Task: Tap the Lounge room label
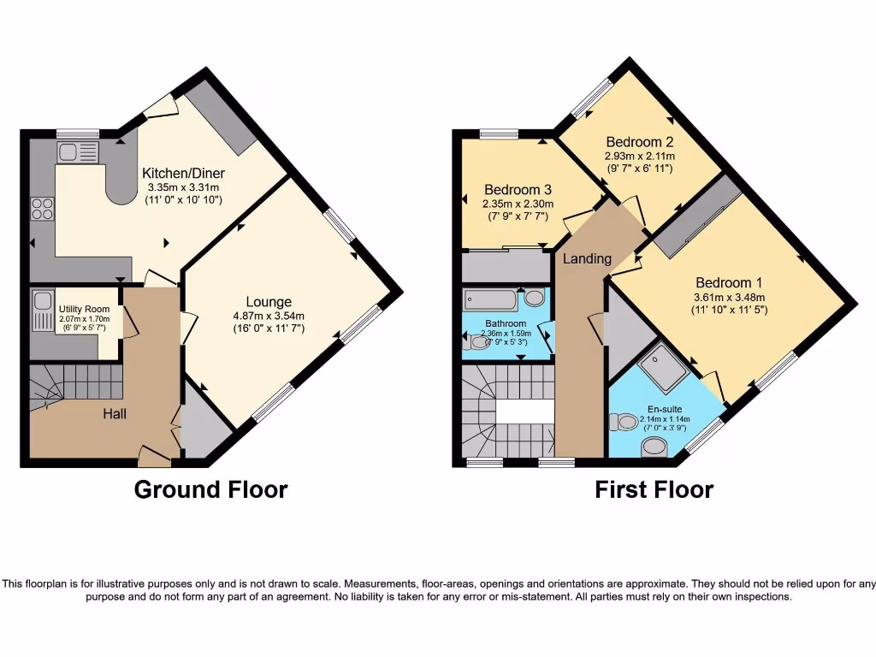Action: click(269, 301)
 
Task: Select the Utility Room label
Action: click(84, 309)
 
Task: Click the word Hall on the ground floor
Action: click(115, 414)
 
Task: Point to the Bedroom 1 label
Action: click(729, 282)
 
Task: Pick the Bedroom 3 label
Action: click(518, 189)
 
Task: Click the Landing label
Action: click(587, 258)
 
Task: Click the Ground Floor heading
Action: click(210, 489)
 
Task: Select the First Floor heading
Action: click(654, 489)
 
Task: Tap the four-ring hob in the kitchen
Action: click(43, 208)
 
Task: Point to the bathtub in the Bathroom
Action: click(491, 299)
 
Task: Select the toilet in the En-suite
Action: click(622, 422)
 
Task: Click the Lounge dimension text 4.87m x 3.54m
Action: click(269, 316)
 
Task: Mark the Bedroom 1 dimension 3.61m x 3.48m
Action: click(729, 297)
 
